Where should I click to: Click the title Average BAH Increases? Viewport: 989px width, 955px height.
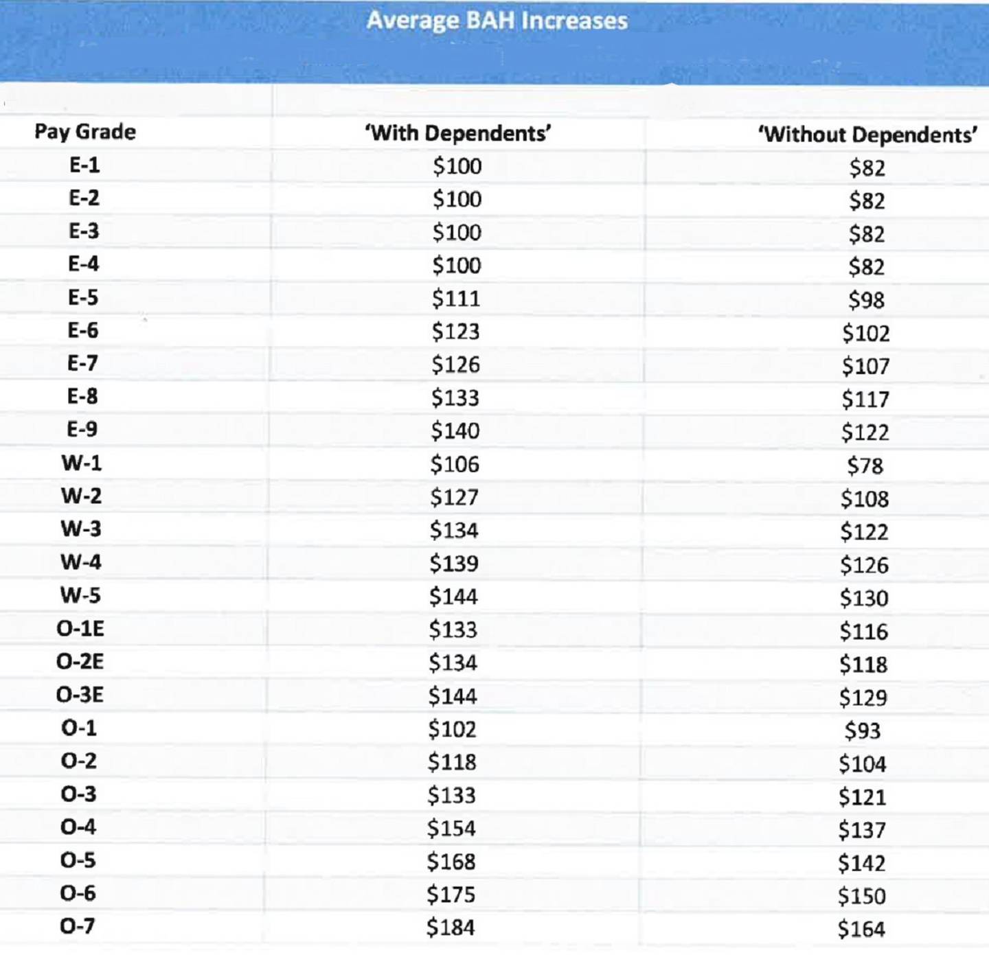(497, 21)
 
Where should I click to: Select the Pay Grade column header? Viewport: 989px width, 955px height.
(85, 132)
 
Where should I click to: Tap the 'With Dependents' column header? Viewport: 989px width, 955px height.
(458, 133)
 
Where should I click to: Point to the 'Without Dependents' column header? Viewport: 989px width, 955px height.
(867, 135)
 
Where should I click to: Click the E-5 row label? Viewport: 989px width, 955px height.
(83, 297)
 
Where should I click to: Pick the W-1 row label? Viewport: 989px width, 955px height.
(82, 463)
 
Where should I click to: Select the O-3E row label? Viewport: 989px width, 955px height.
(80, 695)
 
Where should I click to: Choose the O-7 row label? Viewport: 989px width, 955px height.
(78, 926)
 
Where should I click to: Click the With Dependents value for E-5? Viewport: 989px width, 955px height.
(456, 299)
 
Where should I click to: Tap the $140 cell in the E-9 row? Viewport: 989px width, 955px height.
(455, 431)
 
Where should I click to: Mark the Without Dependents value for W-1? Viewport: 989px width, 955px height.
(865, 466)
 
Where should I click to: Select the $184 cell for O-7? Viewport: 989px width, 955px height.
(451, 928)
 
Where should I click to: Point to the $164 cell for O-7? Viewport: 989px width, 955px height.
(861, 930)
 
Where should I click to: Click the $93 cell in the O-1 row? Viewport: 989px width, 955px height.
(863, 730)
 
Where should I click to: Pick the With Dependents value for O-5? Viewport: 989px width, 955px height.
(451, 862)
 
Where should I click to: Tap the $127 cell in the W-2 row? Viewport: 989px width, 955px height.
(454, 497)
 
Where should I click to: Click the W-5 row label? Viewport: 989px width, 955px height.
(80, 595)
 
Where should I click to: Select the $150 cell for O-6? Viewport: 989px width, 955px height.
(862, 896)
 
